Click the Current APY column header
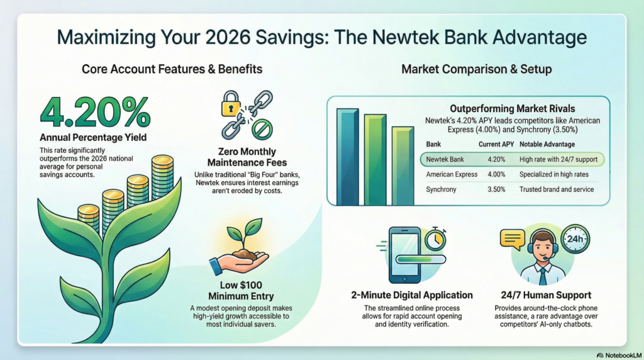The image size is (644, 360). [x=496, y=143]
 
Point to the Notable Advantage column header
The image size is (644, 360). [x=547, y=143]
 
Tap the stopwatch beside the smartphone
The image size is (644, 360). [x=435, y=240]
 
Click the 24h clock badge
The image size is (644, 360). [x=574, y=239]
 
